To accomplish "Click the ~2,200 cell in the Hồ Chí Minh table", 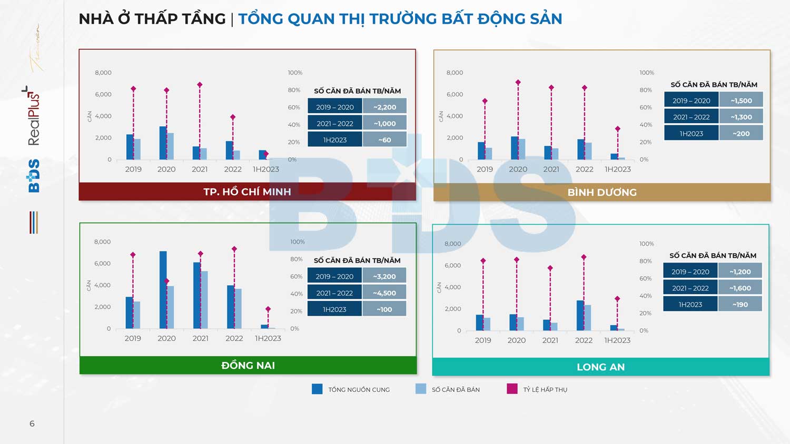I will [x=384, y=107].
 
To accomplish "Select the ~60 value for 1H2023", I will [x=384, y=140].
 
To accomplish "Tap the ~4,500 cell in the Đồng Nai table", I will [x=384, y=293].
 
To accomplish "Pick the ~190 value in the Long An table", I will [x=740, y=305].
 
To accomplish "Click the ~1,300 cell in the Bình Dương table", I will [x=741, y=117].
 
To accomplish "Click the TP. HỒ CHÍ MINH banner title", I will [x=247, y=191].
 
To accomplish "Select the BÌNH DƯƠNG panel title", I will [x=602, y=193].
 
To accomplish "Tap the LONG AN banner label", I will [x=600, y=367].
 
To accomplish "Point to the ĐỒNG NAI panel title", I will [x=248, y=365].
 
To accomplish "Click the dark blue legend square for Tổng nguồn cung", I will [x=317, y=389].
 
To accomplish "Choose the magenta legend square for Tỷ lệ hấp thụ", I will [x=512, y=389].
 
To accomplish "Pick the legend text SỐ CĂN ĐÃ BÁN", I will [x=456, y=390].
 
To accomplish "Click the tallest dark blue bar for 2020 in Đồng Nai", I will [x=163, y=290].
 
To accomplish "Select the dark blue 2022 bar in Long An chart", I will [x=580, y=316].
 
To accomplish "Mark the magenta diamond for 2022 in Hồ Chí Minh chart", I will [x=233, y=117].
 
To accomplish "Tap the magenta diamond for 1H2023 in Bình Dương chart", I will [x=618, y=129].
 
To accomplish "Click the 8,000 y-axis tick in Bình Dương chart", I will [x=455, y=73].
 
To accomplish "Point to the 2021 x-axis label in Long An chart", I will [x=550, y=340].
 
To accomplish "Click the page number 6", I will [x=32, y=423].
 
